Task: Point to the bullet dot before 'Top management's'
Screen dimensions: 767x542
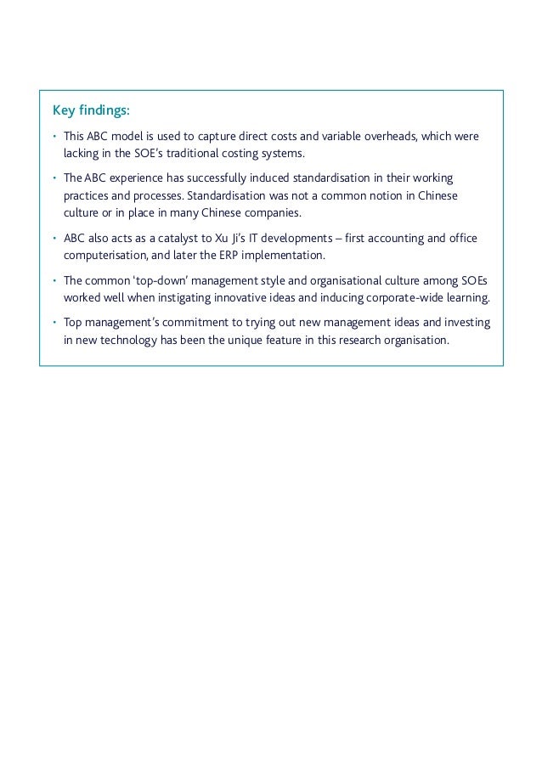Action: [53, 323]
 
